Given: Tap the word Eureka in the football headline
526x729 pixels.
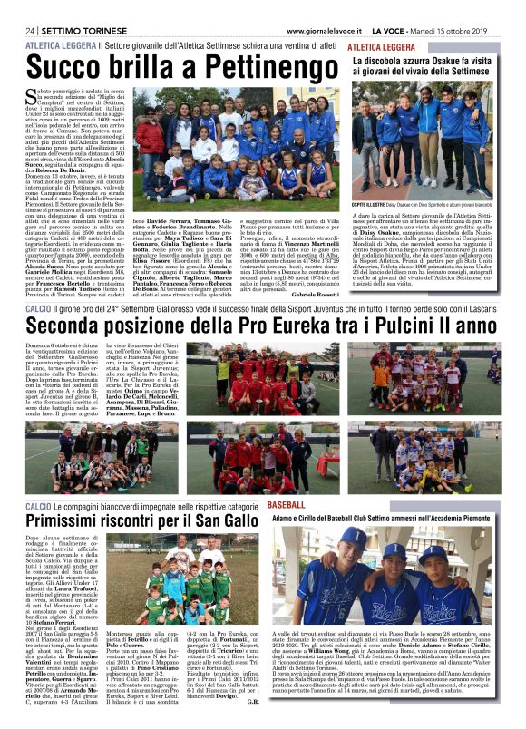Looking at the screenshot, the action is point(281,323).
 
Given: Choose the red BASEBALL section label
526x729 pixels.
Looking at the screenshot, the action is point(287,503).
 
